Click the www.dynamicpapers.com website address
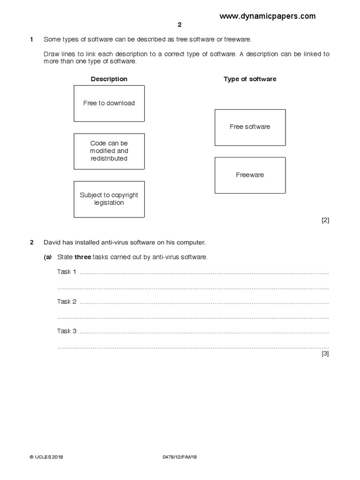coord(267,16)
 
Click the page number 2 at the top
coord(179,26)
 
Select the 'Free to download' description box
coord(109,104)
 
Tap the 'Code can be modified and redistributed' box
coord(109,151)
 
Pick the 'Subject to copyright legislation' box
coord(109,199)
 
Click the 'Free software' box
coord(250,127)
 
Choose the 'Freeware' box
coord(250,175)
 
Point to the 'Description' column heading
coord(109,79)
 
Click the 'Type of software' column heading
coord(250,79)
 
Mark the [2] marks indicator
coord(325,220)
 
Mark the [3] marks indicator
coord(325,354)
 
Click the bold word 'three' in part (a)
coord(83,257)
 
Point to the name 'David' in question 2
coord(52,243)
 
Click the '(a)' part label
coord(48,257)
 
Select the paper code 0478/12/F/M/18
coord(180,457)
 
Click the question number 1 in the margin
coord(31,40)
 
